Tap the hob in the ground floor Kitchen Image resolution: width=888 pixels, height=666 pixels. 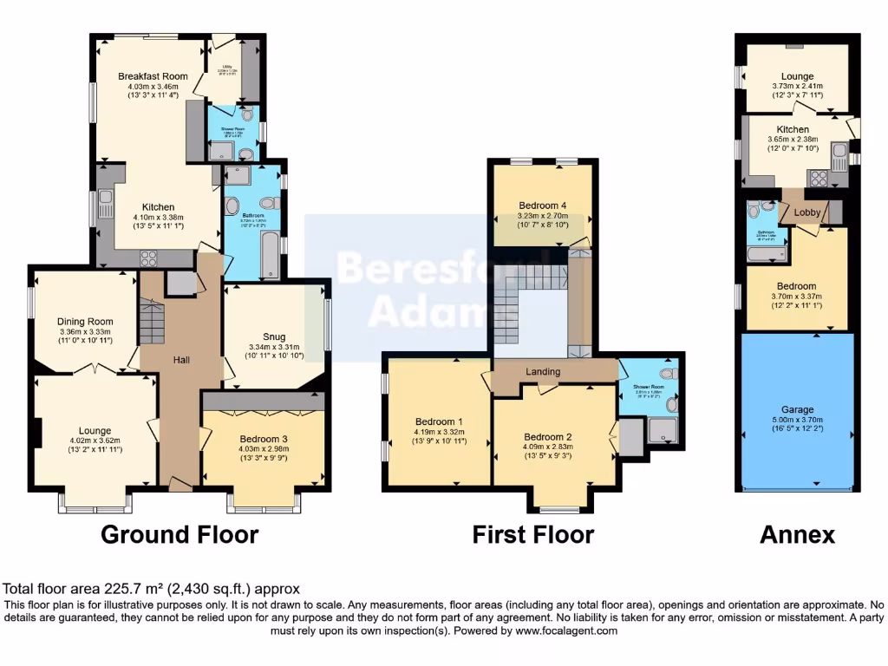pos(147,257)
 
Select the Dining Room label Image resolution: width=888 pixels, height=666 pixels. pos(85,322)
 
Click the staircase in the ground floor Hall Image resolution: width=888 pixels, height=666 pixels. pos(152,322)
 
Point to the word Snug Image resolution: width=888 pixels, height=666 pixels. pos(274,338)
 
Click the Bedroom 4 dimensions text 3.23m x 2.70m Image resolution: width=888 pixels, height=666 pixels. pos(542,216)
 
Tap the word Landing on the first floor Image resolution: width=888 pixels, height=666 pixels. pos(544,372)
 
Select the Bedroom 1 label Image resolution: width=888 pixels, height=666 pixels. pos(441,421)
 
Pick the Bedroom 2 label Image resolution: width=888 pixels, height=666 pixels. pos(548,437)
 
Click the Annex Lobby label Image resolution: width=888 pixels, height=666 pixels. pos(806,211)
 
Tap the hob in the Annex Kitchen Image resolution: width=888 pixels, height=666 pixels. pos(818,180)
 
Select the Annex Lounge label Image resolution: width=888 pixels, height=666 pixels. pos(796,76)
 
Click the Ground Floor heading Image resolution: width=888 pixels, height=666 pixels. pos(180,534)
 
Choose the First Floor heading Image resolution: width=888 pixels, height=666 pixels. pos(532,534)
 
